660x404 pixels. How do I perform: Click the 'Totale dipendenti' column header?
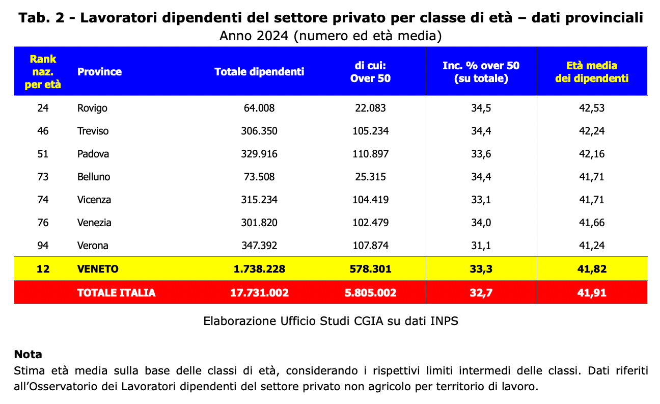click(x=259, y=72)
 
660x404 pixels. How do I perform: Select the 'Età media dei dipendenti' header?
click(x=592, y=72)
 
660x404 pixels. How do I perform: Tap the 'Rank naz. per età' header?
click(x=43, y=72)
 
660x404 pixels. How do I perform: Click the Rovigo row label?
click(x=92, y=108)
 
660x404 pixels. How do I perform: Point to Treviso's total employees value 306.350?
click(x=259, y=131)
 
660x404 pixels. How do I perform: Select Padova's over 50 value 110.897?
click(x=370, y=154)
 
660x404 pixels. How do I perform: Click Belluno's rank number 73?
click(x=43, y=177)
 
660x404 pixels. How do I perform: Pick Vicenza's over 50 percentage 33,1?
click(x=481, y=200)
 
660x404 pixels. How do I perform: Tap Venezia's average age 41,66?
click(x=592, y=223)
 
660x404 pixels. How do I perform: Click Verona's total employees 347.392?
click(x=259, y=246)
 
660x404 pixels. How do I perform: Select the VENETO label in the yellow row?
click(x=98, y=268)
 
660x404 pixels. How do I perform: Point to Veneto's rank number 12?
click(x=43, y=268)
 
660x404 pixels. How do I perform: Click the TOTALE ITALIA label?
click(x=116, y=292)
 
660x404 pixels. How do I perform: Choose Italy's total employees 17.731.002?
click(x=259, y=292)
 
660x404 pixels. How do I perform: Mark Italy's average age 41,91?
click(x=592, y=292)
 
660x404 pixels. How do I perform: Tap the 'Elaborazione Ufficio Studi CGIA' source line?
click(x=331, y=321)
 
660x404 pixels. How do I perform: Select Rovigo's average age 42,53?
click(x=592, y=108)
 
